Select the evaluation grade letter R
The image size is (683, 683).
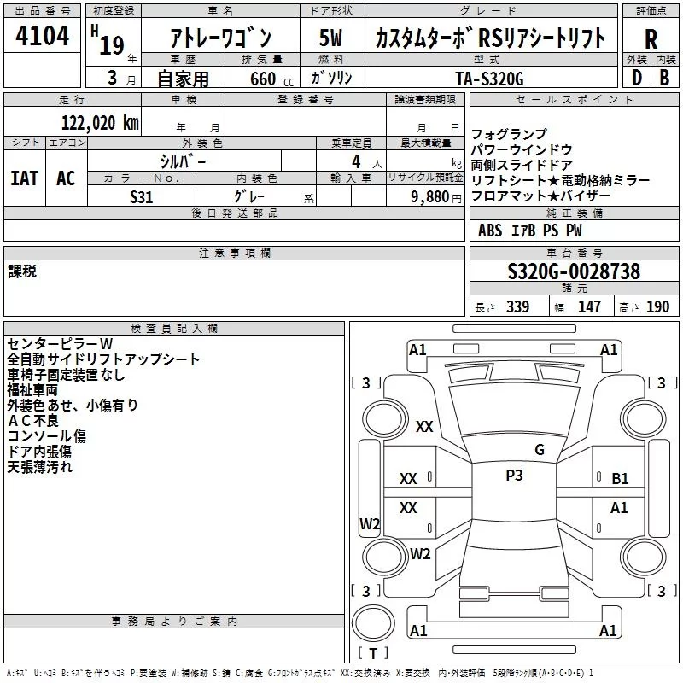651,38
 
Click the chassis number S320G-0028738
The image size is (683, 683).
573,272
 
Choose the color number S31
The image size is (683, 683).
143,197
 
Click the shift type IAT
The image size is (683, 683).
24,178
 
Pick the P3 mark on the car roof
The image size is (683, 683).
514,476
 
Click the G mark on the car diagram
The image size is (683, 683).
539,449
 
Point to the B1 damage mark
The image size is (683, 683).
620,479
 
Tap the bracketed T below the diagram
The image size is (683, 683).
373,654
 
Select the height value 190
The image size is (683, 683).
657,307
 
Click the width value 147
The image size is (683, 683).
589,307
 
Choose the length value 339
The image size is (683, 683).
517,307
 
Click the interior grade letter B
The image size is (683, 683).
665,78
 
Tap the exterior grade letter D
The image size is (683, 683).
637,78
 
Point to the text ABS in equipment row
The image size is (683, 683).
490,231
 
